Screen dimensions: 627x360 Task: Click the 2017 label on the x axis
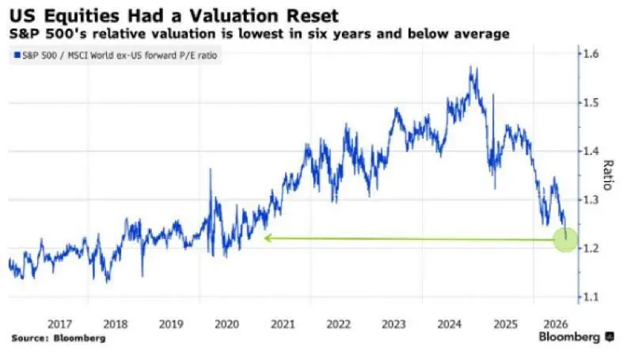pos(59,324)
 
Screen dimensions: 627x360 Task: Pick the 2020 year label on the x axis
pos(226,324)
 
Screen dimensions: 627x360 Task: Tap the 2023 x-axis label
pos(393,324)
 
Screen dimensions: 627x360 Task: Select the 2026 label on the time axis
pos(556,324)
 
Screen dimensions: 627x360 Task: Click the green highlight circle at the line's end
pos(566,240)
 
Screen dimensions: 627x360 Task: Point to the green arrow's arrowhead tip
pos(264,238)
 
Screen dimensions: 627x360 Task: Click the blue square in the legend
pos(17,55)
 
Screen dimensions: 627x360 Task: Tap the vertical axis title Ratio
pos(608,175)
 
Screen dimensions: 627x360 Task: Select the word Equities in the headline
pos(82,17)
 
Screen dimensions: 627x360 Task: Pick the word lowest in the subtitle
pos(260,34)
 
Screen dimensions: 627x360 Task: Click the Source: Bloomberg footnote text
pos(59,339)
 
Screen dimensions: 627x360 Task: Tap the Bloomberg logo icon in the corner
pos(610,337)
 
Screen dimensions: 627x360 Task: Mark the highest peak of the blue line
pos(471,66)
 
